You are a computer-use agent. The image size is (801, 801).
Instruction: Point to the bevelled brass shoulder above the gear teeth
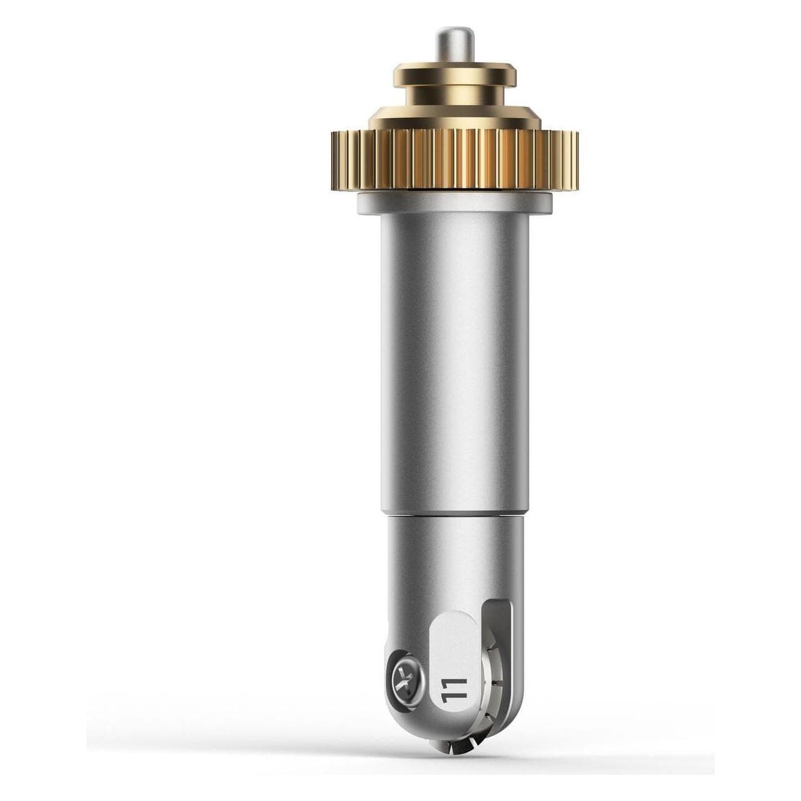(455, 117)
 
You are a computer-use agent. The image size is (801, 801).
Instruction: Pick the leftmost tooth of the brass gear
(334, 161)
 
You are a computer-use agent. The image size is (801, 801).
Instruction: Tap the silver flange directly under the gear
(455, 204)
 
